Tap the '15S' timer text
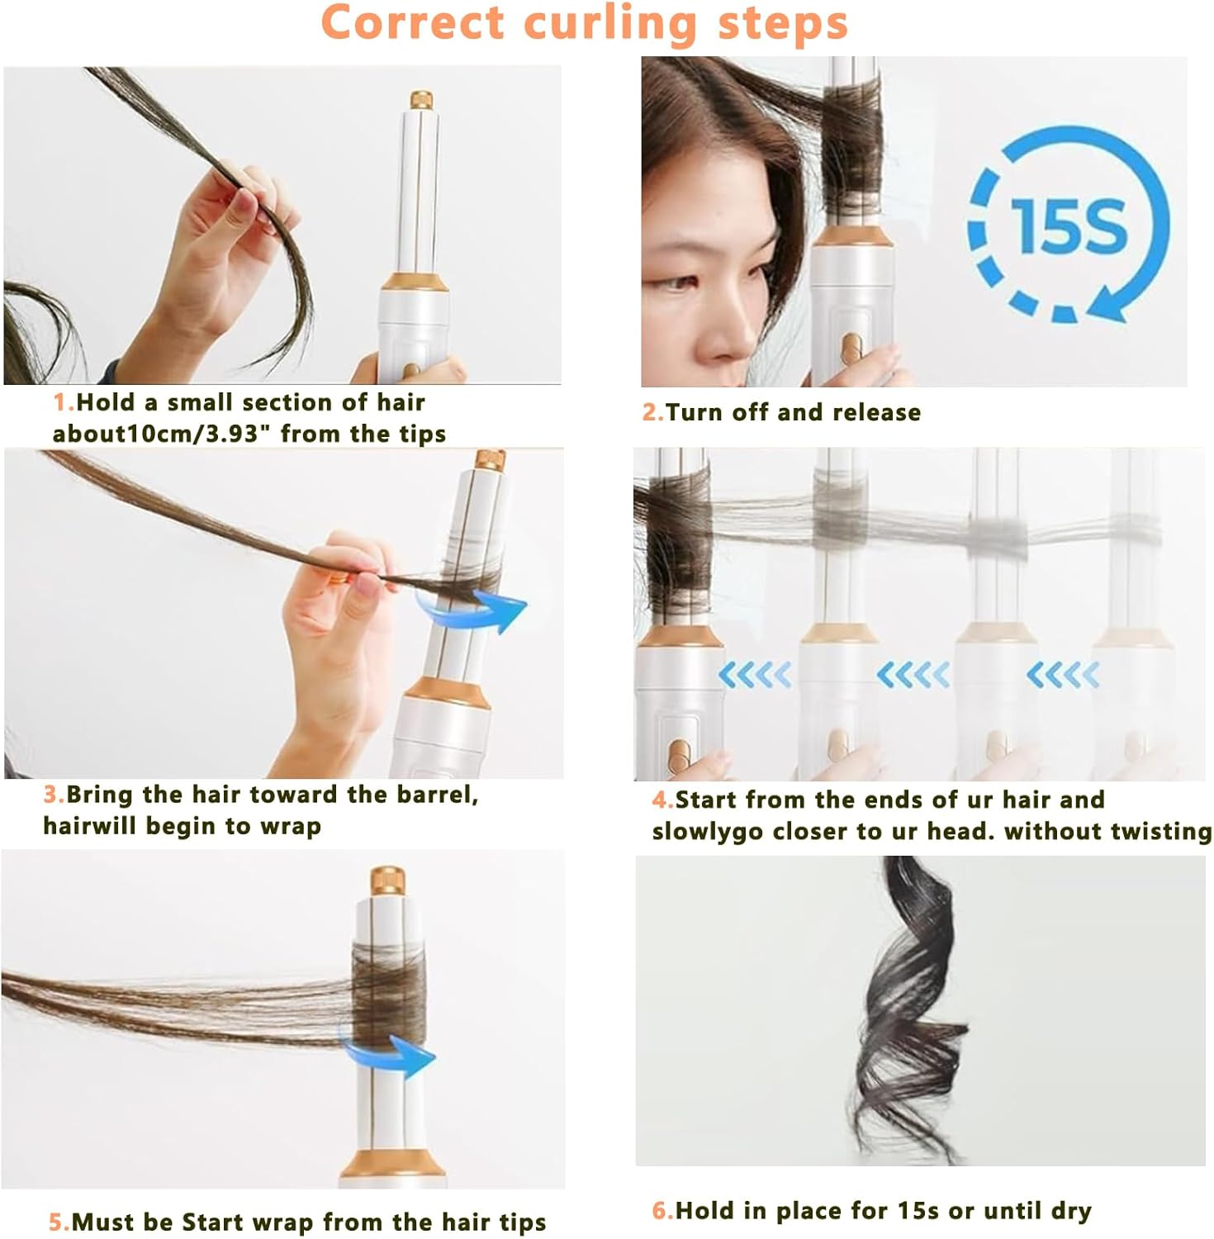coord(1068,225)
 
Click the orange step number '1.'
coord(64,402)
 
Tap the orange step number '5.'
coord(59,1222)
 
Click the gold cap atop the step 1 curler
coord(421,102)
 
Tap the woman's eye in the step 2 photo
coord(680,284)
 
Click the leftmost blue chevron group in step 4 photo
coord(755,675)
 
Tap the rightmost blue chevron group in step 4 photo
coord(1063,676)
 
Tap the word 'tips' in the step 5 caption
coord(524,1222)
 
